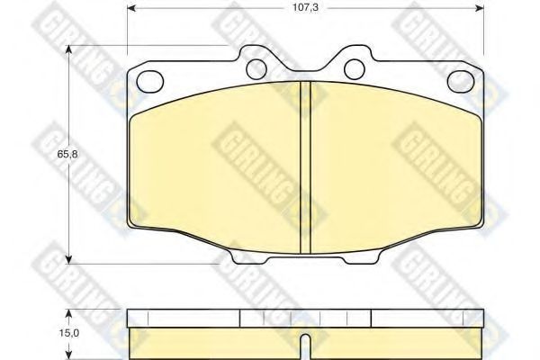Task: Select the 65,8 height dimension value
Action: [67, 154]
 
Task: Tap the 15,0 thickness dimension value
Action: [68, 333]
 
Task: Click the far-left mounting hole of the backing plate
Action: [149, 82]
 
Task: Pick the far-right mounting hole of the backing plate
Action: [461, 82]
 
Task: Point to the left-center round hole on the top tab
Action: [256, 69]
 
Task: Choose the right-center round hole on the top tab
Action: [355, 69]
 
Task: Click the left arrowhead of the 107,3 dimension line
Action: [131, 8]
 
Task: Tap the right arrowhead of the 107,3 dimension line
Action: [480, 8]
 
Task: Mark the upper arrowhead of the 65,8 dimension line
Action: [69, 49]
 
